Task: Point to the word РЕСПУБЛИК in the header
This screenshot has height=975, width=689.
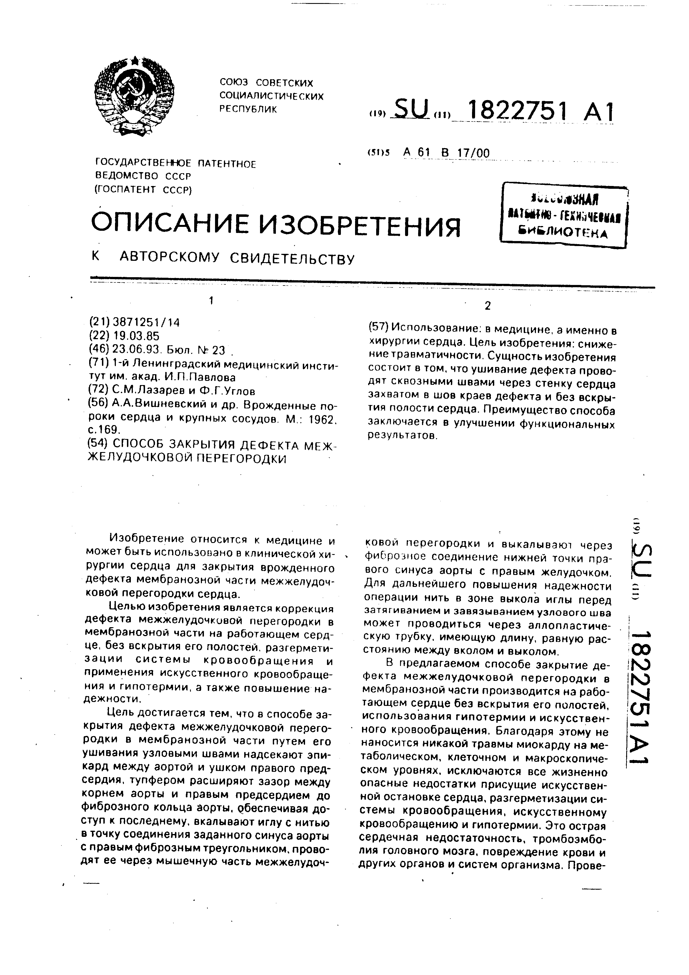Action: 248,109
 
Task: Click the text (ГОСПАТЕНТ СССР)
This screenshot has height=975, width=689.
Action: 143,189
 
